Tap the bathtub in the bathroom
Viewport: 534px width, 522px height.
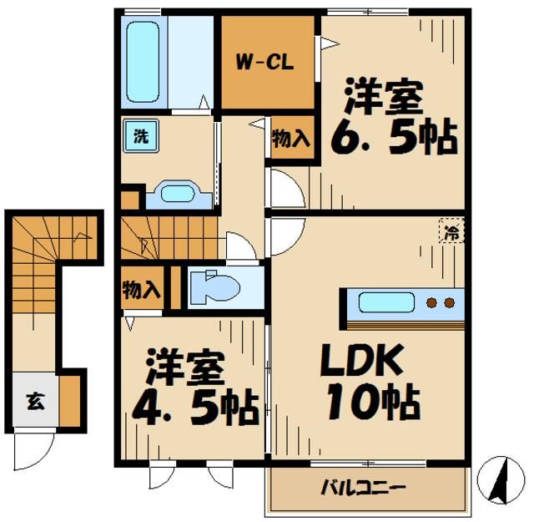point(144,63)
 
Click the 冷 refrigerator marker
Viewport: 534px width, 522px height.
point(451,234)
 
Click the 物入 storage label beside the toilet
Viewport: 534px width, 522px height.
point(141,290)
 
